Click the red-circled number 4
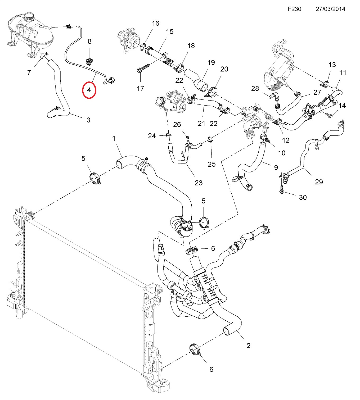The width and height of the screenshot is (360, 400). click(x=89, y=90)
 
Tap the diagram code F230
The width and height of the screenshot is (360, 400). click(x=294, y=9)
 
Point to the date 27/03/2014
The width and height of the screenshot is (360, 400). click(x=330, y=9)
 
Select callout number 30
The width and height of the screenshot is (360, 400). click(x=303, y=197)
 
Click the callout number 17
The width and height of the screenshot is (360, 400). click(x=140, y=88)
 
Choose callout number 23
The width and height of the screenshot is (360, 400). click(x=199, y=183)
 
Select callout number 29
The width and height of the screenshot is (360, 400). click(x=319, y=182)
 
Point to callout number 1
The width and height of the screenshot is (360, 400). click(x=114, y=138)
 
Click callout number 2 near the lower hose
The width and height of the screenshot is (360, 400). click(x=248, y=346)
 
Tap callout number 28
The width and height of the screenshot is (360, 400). click(x=255, y=88)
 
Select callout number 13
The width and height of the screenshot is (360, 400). click(x=332, y=65)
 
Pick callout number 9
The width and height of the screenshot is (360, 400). click(x=276, y=167)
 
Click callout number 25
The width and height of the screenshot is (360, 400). click(x=211, y=164)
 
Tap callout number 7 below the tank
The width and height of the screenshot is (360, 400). click(x=29, y=72)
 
